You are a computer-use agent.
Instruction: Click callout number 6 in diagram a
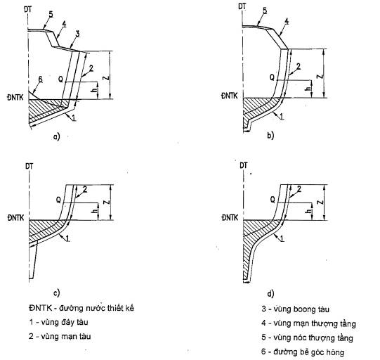point(40,79)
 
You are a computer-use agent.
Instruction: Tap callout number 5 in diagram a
point(51,14)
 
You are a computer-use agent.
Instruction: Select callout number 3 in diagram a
point(77,34)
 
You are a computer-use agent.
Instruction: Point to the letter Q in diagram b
point(272,77)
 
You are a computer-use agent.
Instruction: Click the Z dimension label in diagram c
point(107,202)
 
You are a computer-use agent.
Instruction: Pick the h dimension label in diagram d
point(308,212)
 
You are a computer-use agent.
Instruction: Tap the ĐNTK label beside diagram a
point(15,98)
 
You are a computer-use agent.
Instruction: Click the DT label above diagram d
point(243,165)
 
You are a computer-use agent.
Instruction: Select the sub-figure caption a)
point(56,137)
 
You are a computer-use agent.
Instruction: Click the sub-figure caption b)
point(270,135)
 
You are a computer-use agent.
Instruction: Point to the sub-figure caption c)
point(56,293)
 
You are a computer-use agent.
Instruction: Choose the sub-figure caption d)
point(270,294)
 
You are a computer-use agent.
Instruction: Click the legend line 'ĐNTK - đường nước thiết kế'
point(81,308)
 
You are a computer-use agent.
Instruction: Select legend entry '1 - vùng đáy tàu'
point(58,322)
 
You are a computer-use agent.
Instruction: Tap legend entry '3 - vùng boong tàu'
point(295,309)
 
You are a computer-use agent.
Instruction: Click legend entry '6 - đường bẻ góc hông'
point(303,352)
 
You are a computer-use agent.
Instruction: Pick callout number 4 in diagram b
point(286,21)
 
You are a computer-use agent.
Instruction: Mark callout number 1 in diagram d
point(282,238)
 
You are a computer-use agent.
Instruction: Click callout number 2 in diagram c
point(85,189)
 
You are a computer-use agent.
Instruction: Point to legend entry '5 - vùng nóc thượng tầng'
point(307,337)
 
